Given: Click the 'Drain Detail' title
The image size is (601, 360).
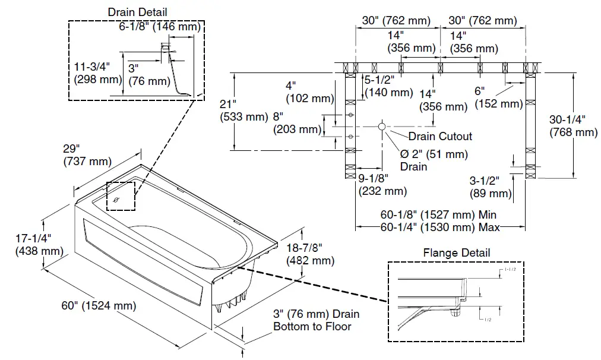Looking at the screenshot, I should pos(137,12).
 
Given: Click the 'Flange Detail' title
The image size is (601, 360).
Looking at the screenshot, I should pos(457,252).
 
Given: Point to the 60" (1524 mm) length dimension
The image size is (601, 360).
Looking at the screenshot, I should pos(99,306).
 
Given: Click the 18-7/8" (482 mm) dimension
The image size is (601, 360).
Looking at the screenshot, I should pos(309,254).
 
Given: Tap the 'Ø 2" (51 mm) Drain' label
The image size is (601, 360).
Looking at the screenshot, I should pos(434,160).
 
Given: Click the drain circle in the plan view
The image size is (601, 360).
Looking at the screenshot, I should pos(381,126).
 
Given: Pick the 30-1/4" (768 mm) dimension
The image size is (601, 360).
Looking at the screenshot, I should pos(573,125).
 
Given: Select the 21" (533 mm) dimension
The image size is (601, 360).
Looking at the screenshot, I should pos(243,110).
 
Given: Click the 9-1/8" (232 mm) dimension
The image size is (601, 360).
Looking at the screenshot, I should pos(382,185).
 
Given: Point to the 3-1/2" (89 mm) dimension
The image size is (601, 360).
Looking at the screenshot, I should pos(491,187).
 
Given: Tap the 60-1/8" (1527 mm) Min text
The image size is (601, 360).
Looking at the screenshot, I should pos(438,214).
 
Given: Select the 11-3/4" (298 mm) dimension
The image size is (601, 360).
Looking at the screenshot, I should pos(96,72).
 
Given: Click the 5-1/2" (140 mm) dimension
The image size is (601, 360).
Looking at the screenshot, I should pos(388,86).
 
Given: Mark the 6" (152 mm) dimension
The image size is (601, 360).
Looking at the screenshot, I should pos(498,97).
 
